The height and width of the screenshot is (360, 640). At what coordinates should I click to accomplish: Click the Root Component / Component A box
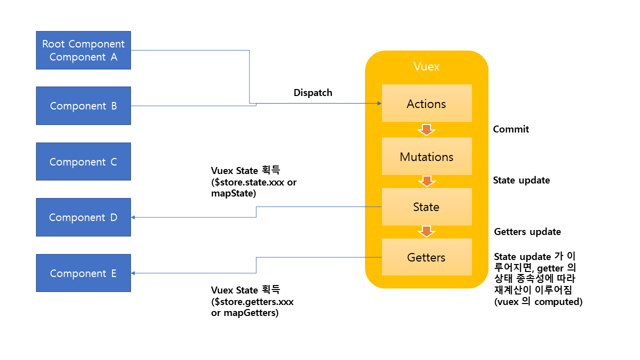tap(83, 50)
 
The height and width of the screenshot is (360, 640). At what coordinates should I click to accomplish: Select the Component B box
tap(83, 106)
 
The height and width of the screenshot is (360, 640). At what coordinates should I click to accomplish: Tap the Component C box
tap(83, 162)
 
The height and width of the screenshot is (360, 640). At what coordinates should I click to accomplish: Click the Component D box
tap(83, 217)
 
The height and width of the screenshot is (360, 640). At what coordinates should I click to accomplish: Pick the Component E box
tap(83, 273)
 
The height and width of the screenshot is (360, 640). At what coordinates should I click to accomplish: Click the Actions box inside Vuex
tap(426, 103)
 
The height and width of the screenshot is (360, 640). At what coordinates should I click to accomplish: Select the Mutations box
tap(426, 156)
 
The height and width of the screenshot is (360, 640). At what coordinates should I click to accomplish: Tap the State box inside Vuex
tap(426, 207)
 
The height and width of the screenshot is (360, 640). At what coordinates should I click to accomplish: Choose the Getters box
tap(426, 257)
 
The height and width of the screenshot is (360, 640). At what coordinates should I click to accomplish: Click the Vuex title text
tap(426, 66)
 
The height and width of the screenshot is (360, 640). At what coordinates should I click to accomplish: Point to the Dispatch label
tap(313, 93)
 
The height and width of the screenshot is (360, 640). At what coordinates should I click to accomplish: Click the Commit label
tap(510, 129)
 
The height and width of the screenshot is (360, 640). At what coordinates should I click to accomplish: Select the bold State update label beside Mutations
tap(521, 180)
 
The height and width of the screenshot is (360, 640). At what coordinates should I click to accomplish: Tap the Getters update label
tap(527, 232)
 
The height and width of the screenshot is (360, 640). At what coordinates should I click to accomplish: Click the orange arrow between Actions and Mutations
tap(426, 130)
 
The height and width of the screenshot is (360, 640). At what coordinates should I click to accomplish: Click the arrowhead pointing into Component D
tap(134, 217)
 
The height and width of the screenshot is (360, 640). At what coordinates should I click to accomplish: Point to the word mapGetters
tap(252, 313)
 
